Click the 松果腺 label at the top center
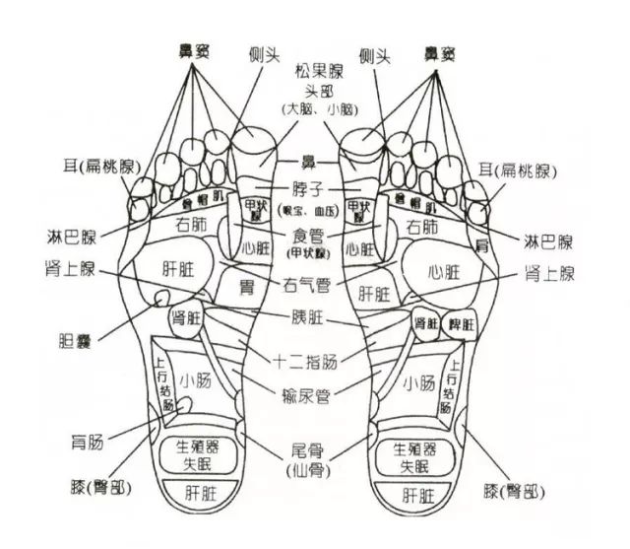[x=316, y=71]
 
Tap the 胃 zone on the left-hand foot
[x=248, y=286]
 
